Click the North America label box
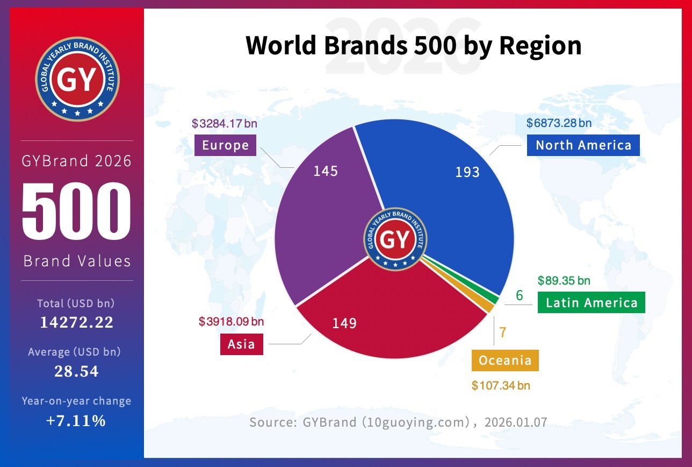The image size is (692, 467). coord(583,145)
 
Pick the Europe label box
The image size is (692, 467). coord(226,145)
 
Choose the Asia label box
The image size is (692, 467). coord(241,344)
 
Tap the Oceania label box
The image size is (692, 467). coord(505,360)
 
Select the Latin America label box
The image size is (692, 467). coord(591,302)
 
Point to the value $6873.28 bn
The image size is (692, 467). coord(559,123)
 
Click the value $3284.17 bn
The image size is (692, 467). coord(224,124)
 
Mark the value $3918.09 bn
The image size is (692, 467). coord(231,322)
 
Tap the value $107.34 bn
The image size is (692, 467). coord(501,386)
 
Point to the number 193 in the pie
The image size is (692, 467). coord(467,172)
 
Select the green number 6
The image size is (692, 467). coord(519,295)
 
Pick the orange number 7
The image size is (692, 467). coord(503,332)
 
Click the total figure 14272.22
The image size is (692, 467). coord(77,322)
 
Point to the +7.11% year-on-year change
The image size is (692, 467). coord(76,421)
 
